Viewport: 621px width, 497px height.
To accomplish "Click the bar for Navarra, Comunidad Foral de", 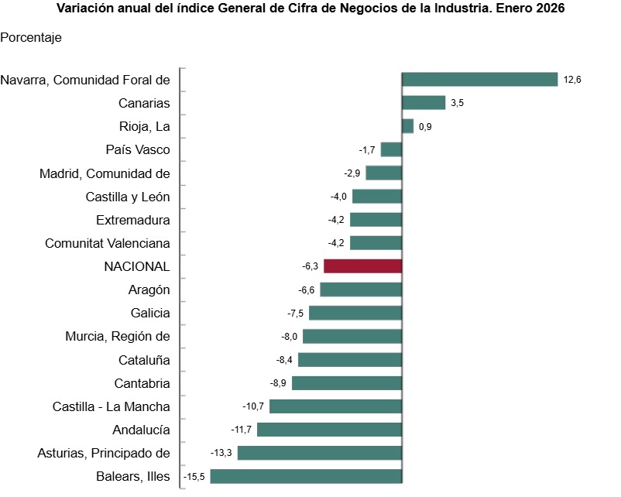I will point(480,80).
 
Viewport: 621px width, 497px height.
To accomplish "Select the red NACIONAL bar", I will point(362,266).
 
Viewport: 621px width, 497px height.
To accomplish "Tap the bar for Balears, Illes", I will point(306,476).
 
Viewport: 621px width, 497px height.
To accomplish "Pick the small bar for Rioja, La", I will point(408,126).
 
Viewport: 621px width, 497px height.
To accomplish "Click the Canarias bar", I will point(424,103).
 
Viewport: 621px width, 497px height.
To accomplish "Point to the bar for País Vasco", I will point(391,149).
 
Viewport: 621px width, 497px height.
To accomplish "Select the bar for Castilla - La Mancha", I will point(335,406).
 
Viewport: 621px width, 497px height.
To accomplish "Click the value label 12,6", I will point(572,80).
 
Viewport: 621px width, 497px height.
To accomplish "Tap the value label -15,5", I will point(194,477).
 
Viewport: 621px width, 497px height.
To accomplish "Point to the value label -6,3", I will point(310,266).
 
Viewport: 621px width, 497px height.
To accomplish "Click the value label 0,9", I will point(425,127).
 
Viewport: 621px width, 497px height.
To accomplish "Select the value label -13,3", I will point(221,453).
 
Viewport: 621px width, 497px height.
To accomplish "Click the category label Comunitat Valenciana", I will point(108,243).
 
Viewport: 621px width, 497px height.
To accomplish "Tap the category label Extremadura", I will point(133,220).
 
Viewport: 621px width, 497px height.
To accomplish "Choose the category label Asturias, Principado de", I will point(104,453).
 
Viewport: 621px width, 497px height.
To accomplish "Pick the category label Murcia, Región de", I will point(118,336).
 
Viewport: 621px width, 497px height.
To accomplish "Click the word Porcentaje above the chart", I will point(31,37).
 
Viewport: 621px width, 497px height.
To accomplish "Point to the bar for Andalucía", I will point(329,430).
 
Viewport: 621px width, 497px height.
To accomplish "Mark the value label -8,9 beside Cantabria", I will point(278,383).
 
